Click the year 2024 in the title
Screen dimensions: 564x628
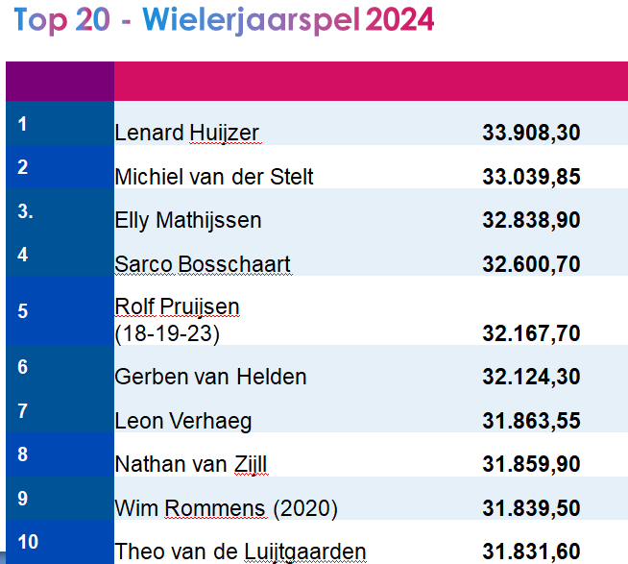pyautogui.click(x=395, y=19)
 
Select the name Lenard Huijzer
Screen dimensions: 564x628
pyautogui.click(x=186, y=134)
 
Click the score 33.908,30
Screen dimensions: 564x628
pyautogui.click(x=531, y=134)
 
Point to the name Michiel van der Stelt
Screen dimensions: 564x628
pyautogui.click(x=213, y=177)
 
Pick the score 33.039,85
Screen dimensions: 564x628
pyautogui.click(x=531, y=177)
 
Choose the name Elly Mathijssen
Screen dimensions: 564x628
pyautogui.click(x=187, y=221)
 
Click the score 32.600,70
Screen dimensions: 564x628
pyautogui.click(x=531, y=264)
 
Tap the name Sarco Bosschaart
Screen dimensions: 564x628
pyautogui.click(x=202, y=264)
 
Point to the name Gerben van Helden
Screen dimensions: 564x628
pyautogui.click(x=209, y=377)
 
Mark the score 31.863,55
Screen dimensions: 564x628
pyautogui.click(x=531, y=421)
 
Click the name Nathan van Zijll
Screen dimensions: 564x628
pyautogui.click(x=190, y=465)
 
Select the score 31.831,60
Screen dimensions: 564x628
pyautogui.click(x=531, y=552)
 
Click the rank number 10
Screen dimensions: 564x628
pyautogui.click(x=28, y=542)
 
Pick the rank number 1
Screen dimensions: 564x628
pyautogui.click(x=22, y=123)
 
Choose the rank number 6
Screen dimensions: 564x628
pyautogui.click(x=22, y=367)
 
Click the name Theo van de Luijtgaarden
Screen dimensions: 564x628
pyautogui.click(x=240, y=552)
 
